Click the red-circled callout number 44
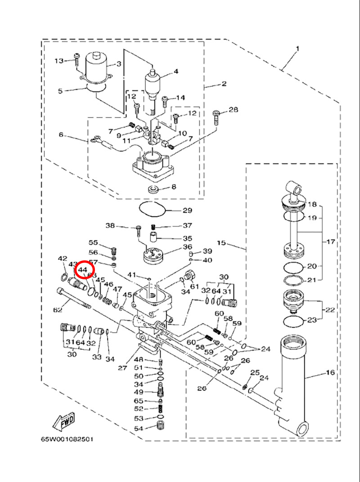point(83,270)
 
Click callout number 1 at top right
point(297,49)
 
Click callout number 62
point(58,310)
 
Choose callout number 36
point(187,247)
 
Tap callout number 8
point(174,186)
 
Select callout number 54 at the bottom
point(139,428)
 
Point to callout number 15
point(221,243)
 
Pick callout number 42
point(62,259)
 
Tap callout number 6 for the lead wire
point(62,135)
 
